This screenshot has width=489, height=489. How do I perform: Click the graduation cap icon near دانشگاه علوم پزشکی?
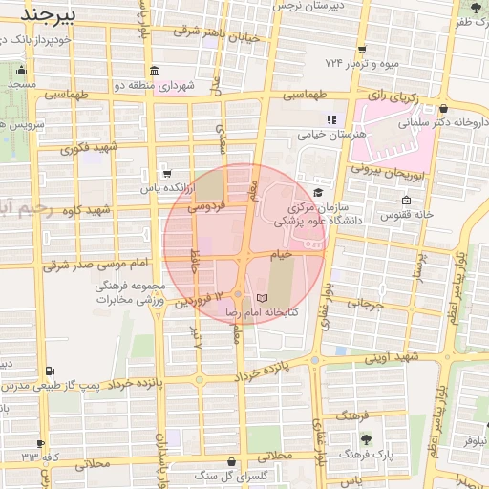pos(317,191)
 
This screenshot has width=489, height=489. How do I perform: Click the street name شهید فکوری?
pos(88,148)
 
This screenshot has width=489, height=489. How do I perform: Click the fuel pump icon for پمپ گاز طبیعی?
pos(50,371)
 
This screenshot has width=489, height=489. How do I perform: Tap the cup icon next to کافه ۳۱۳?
pos(40,443)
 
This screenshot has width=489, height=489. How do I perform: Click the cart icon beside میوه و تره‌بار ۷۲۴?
pos(362,50)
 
